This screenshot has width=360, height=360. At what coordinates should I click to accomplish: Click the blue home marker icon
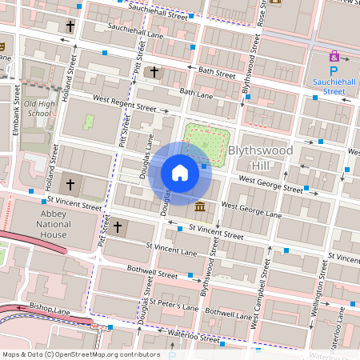pos(180,173)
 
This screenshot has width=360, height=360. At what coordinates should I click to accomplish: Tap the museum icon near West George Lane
pos(198,208)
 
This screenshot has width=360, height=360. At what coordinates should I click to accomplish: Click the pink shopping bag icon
pos(334,56)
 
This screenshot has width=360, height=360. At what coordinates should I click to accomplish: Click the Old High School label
pos(38,108)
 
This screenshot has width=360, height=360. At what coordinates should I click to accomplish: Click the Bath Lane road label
pos(197,94)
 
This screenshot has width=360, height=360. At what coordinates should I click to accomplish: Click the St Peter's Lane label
pos(174,306)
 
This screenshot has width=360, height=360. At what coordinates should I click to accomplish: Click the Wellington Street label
pos(321,291)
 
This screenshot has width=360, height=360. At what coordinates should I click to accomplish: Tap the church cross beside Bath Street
pos(154,72)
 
